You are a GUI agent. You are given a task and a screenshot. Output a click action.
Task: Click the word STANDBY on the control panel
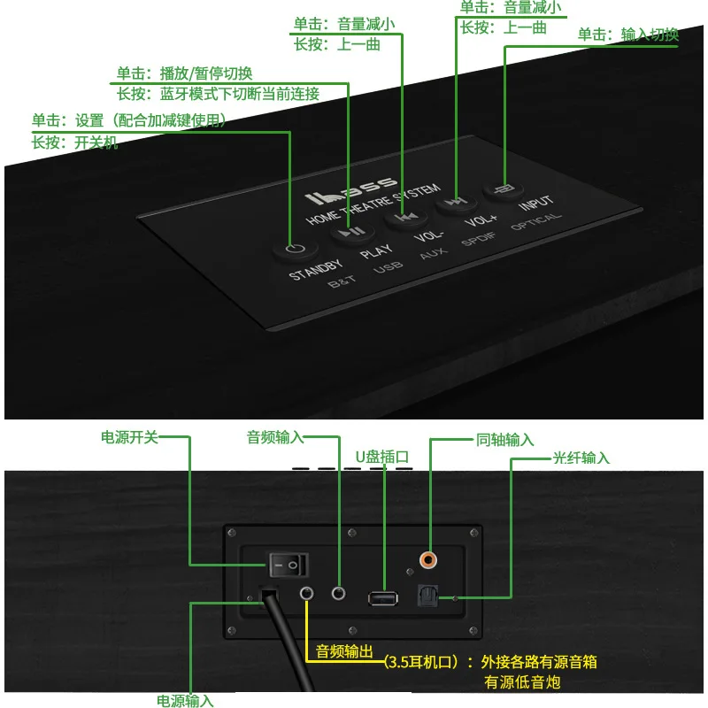coord(316,269)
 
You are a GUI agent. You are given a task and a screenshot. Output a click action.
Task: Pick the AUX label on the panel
coord(434,253)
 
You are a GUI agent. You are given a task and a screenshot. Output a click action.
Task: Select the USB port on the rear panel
coord(384,596)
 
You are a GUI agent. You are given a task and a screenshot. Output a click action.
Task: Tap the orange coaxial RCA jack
coord(430,559)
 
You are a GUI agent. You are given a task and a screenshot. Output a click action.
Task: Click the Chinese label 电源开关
coord(129,436)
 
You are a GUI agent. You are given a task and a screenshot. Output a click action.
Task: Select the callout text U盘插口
coord(383,457)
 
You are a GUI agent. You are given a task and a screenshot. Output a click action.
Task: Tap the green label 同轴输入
coord(505,439)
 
